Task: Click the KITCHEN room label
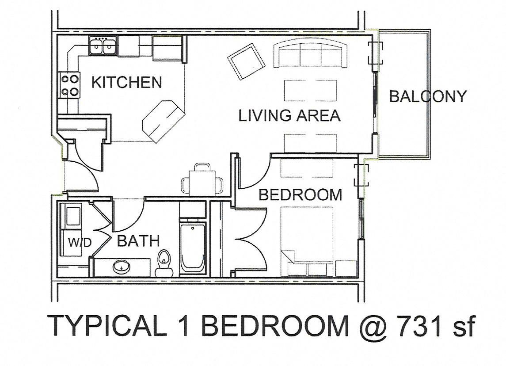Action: (127, 82)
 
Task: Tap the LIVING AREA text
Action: (289, 115)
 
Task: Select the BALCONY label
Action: (427, 96)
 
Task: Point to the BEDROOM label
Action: (300, 194)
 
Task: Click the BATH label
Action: (138, 241)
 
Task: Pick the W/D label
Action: (80, 243)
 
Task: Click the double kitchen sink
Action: (103, 46)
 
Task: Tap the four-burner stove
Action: (69, 85)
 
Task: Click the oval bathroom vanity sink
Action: (120, 267)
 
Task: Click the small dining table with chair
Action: (202, 181)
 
